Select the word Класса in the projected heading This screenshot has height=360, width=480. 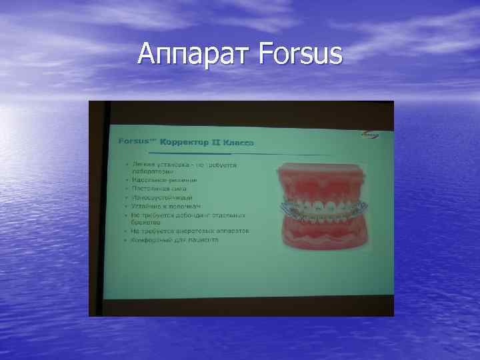pyautogui.click(x=238, y=142)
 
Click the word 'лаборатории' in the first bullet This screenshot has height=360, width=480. pyautogui.click(x=152, y=171)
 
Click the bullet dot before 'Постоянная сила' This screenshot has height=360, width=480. pyautogui.click(x=125, y=189)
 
